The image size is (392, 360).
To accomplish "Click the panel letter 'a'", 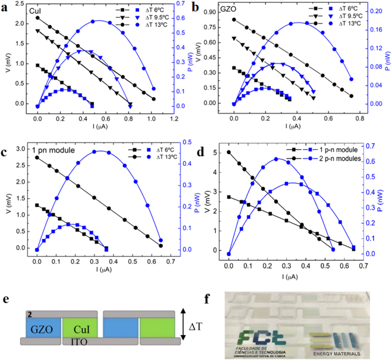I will tap(5, 7).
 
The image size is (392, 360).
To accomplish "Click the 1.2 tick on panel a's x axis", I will tap(173, 118).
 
